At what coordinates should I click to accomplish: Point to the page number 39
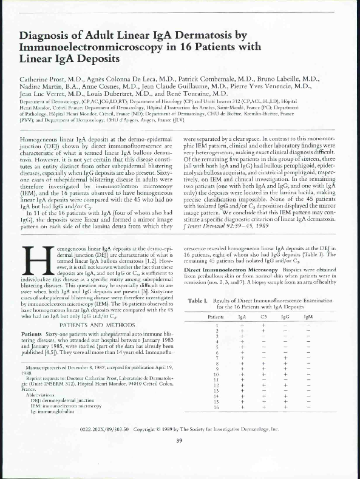[180, 441]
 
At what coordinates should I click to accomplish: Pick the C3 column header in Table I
[264, 317]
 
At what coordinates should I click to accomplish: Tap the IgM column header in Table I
[308, 317]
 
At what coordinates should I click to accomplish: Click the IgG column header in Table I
[286, 317]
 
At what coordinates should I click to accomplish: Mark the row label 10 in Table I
[217, 375]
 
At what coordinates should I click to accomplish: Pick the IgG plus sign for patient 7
[286, 358]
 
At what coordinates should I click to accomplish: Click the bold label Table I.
[199, 301]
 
